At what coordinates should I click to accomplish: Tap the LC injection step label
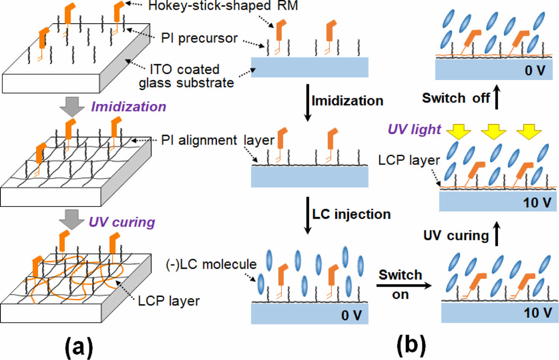[352, 214]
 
